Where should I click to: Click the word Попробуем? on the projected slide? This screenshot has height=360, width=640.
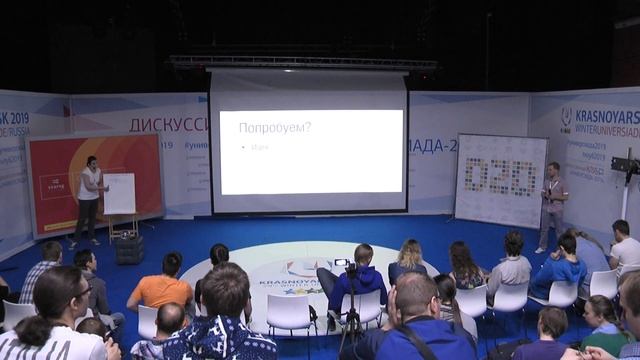pyautogui.click(x=274, y=128)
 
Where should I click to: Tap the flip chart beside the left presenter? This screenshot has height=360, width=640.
pyautogui.click(x=119, y=193)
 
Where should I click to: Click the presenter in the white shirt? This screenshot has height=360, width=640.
pyautogui.click(x=90, y=198)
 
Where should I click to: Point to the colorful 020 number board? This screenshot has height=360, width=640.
pyautogui.click(x=500, y=178)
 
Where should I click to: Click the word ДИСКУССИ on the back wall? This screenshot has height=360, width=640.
pyautogui.click(x=167, y=124)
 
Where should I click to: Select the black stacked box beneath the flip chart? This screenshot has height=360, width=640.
pyautogui.click(x=128, y=248)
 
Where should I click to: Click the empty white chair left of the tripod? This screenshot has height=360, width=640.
pyautogui.click(x=290, y=315)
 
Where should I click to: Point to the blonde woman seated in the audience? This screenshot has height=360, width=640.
pyautogui.click(x=408, y=262)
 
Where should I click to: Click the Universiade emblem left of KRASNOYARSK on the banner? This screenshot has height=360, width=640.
pyautogui.click(x=566, y=118)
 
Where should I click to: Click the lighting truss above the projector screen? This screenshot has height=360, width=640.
pyautogui.click(x=300, y=62)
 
